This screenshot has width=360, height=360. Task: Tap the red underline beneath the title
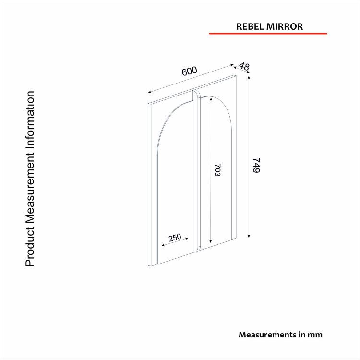pyautogui.click(x=267, y=34)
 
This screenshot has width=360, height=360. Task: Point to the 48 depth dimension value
pyautogui.click(x=244, y=67)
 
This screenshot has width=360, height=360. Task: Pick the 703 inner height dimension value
pyautogui.click(x=216, y=171)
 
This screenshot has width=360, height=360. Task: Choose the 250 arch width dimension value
pyautogui.click(x=175, y=237)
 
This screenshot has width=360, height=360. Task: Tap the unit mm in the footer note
pyautogui.click(x=316, y=334)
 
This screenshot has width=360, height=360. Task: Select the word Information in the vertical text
pyautogui.click(x=30, y=118)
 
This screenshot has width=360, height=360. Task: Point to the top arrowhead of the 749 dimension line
pyautogui.click(x=249, y=79)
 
